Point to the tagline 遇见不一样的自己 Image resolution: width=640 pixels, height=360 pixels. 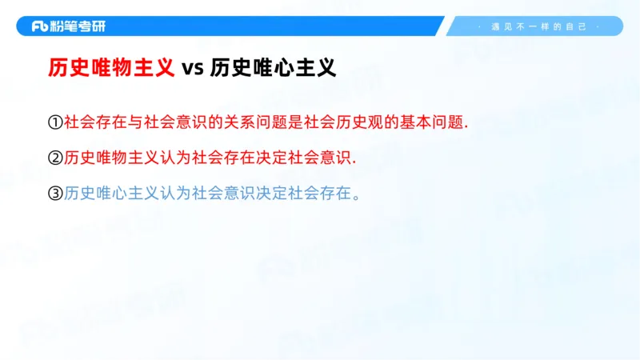[x=538, y=26]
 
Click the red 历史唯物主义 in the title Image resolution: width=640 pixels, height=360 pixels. [x=110, y=68]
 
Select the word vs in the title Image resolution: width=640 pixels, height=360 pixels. [x=192, y=69]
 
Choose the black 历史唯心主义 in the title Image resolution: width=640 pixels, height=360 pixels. [x=273, y=68]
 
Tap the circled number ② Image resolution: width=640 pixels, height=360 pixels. [x=54, y=158]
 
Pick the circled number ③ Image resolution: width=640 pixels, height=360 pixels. [x=54, y=193]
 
